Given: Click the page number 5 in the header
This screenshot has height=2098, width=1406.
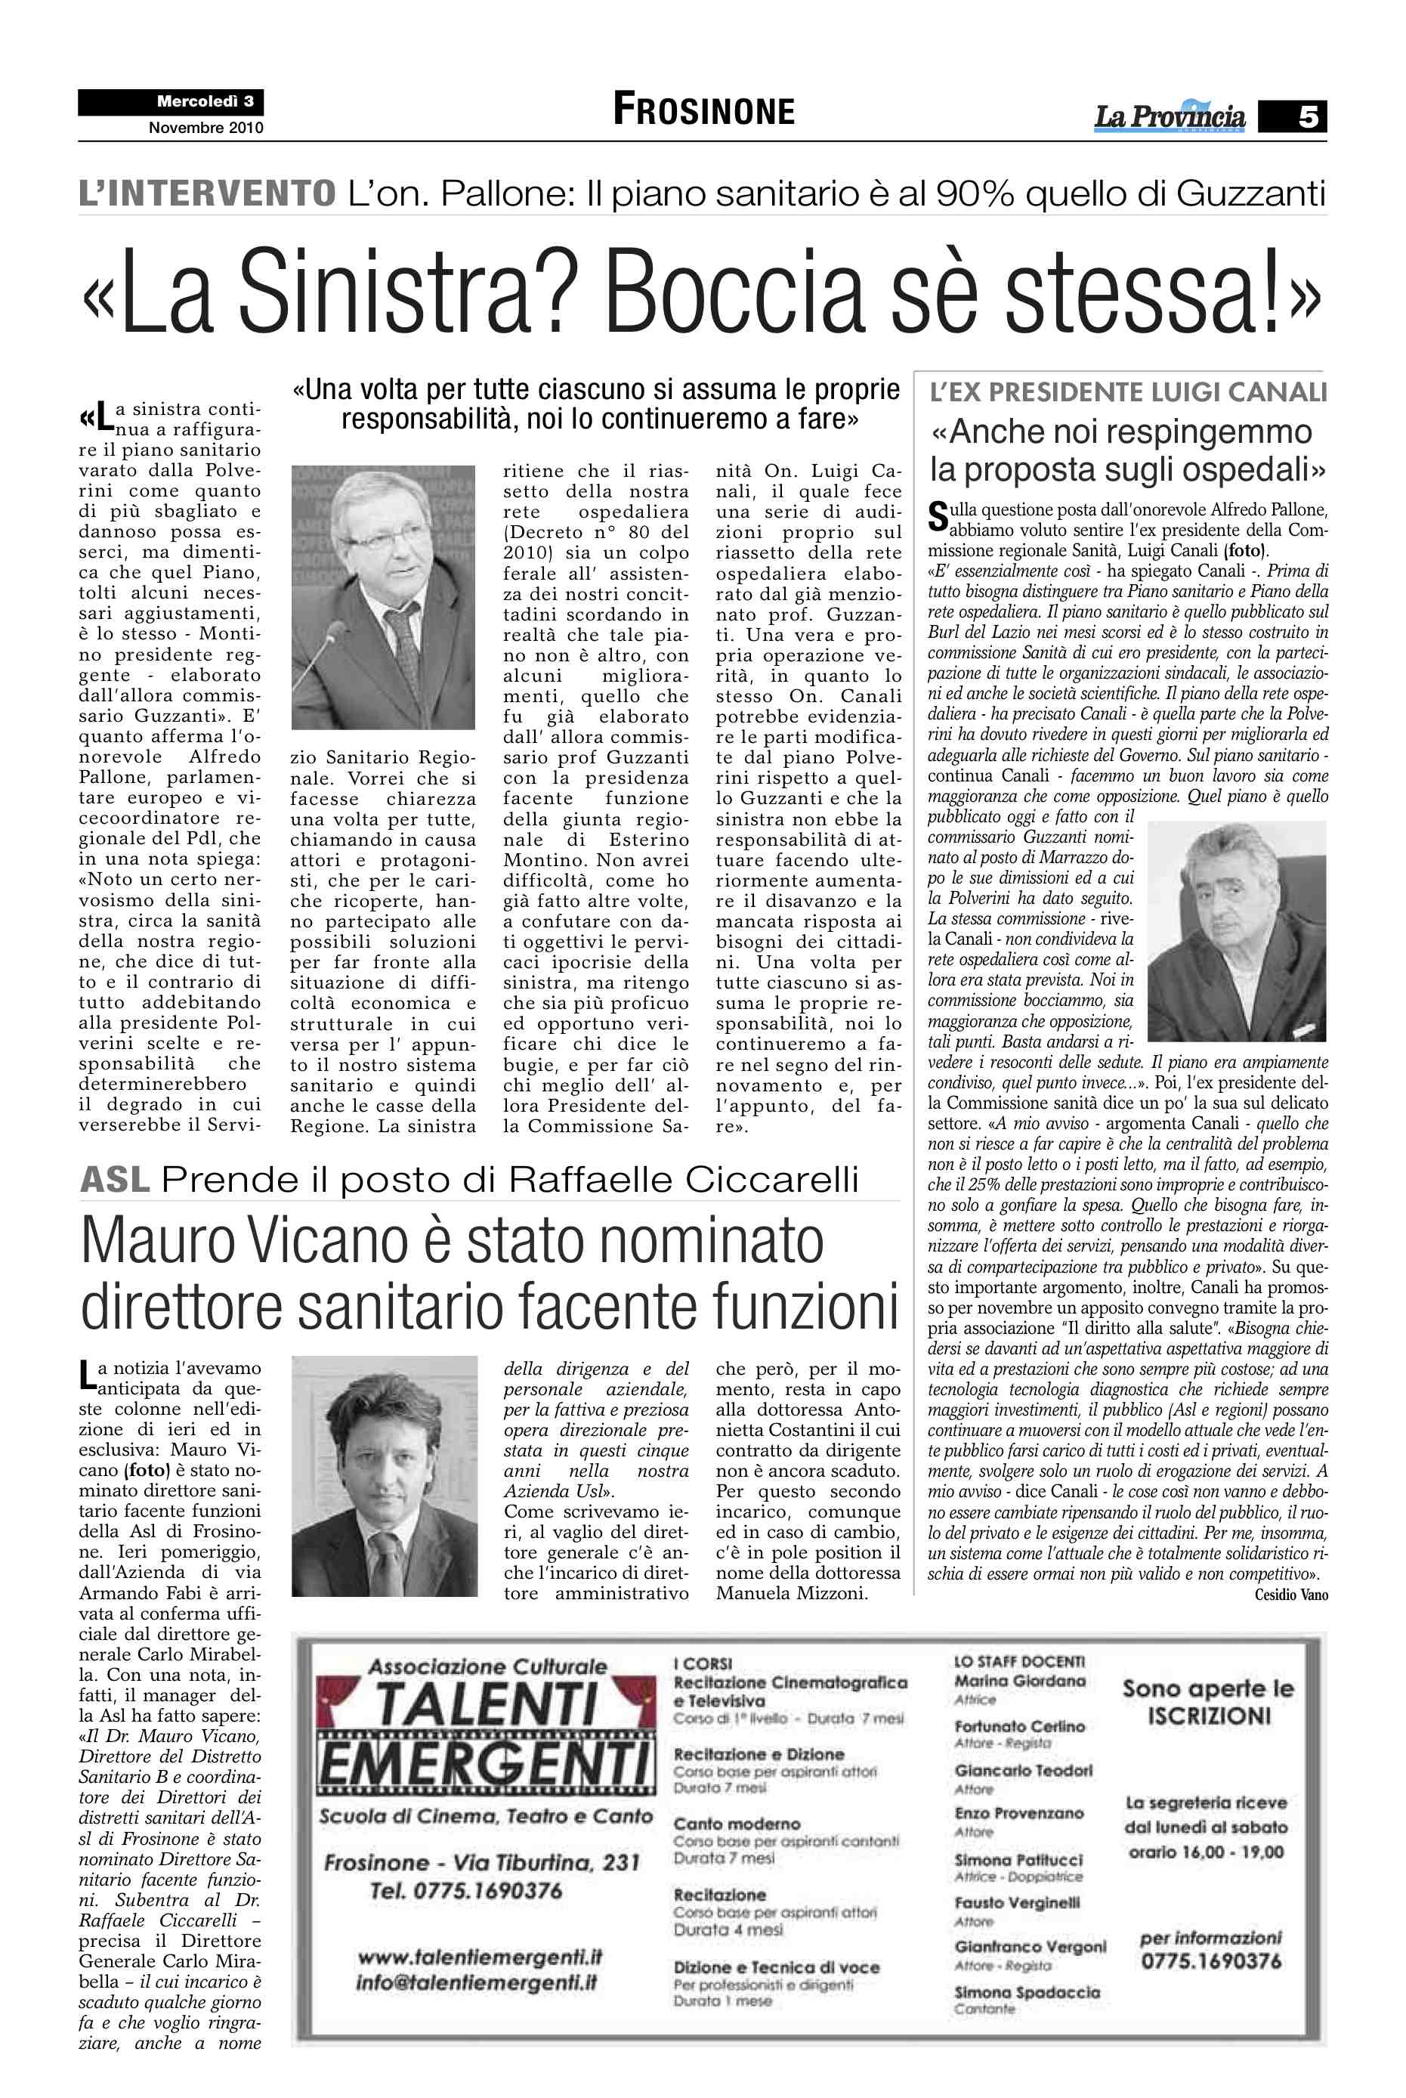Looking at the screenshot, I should tap(1307, 116).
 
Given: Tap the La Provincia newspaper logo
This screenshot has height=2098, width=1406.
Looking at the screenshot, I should tap(1170, 116).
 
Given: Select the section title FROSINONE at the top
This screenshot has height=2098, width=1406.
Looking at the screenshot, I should tap(704, 110).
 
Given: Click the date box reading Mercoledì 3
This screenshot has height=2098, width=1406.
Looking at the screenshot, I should tap(205, 101).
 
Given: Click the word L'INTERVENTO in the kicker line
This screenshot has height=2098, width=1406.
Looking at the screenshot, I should tap(207, 193).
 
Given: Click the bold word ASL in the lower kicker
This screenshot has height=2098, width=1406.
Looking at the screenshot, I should tap(115, 1180).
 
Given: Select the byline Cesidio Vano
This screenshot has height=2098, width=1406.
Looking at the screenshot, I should tap(1291, 1595).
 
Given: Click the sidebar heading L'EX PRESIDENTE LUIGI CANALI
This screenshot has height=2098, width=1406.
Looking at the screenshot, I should tap(1128, 393).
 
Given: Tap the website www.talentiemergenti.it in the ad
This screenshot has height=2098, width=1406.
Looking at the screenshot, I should tap(480, 1956).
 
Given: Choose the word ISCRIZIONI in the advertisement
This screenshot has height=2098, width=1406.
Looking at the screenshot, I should tap(1209, 1716).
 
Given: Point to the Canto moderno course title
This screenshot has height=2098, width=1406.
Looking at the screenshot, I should tap(737, 1824).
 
